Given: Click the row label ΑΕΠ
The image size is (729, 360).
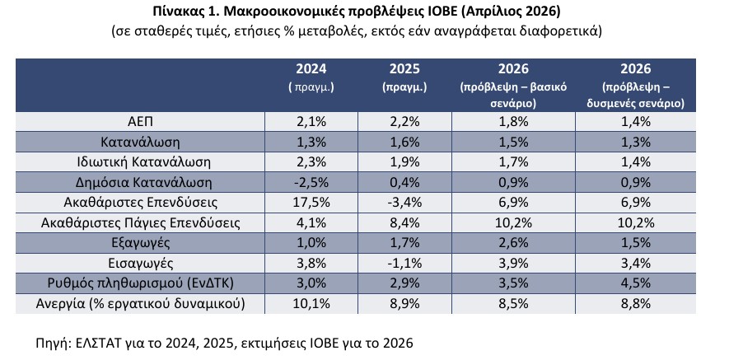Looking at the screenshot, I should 142,121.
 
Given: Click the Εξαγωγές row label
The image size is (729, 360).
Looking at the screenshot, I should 142,242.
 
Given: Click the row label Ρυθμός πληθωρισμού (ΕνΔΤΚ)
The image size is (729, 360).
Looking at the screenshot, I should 142,283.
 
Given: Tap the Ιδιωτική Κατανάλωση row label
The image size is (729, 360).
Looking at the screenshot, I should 142,161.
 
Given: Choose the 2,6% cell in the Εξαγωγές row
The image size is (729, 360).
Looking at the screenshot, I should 512,242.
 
